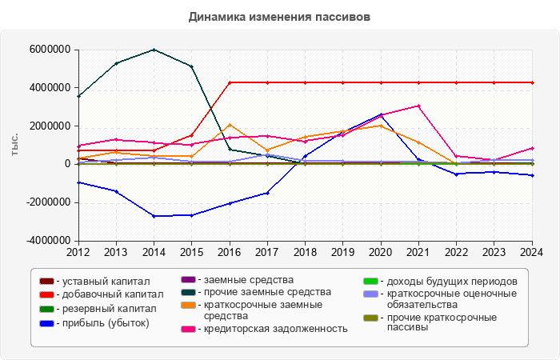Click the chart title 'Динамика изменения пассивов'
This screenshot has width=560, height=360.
tap(280, 16)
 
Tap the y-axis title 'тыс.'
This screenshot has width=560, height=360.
tap(14, 146)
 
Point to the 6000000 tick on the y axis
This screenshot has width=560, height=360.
tap(50, 50)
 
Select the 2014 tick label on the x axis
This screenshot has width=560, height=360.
tap(154, 252)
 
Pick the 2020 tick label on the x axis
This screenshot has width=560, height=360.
tap(380, 252)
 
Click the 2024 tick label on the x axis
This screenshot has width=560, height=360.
tap(531, 252)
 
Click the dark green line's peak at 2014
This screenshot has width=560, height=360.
tap(154, 50)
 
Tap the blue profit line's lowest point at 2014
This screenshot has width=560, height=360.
tap(154, 216)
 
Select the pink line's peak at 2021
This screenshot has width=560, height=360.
tap(418, 106)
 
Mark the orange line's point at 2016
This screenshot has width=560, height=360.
tap(230, 125)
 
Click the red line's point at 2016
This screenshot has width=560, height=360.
tap(230, 82)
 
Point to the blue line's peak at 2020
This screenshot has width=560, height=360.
tap(380, 115)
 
